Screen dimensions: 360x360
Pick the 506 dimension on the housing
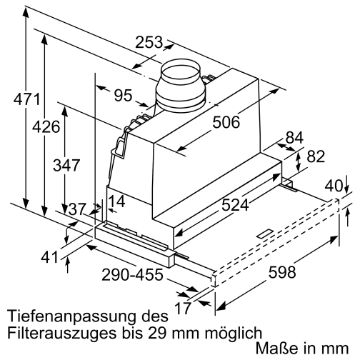225,122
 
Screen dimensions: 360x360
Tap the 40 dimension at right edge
334,186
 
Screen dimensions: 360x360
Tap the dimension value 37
77,209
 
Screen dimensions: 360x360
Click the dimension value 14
117,201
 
